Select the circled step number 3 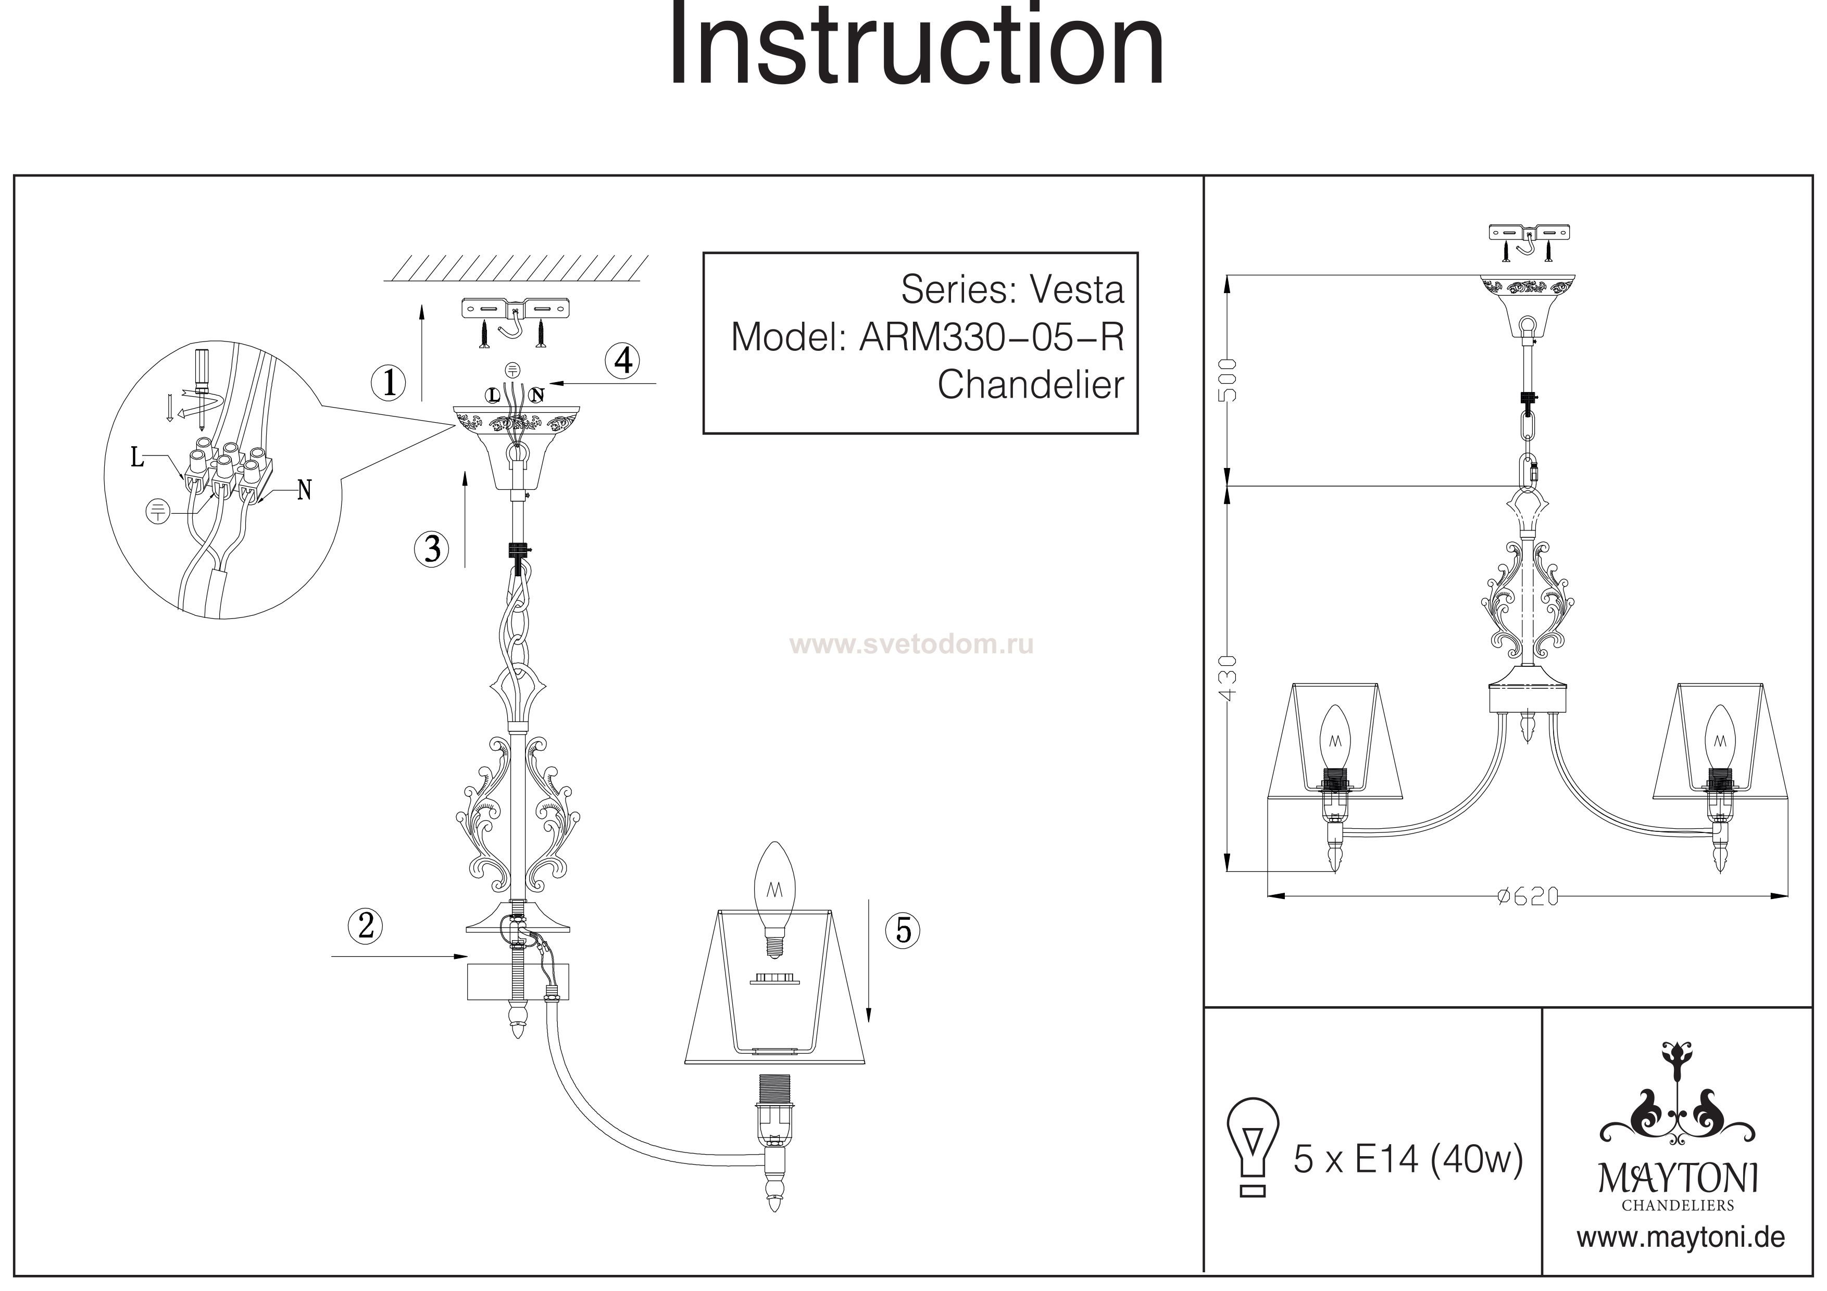(432, 548)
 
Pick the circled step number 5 (903, 929)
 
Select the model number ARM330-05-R (992, 337)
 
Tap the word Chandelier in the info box (1031, 385)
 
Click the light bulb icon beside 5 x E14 (1253, 1146)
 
